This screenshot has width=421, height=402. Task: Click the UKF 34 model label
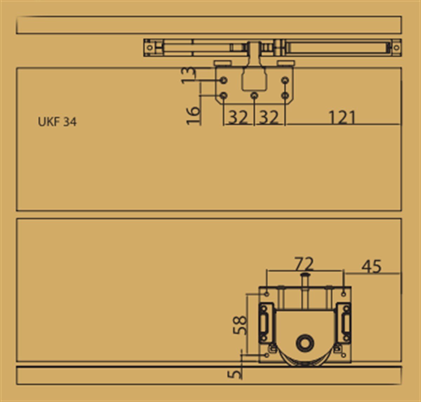pyautogui.click(x=57, y=122)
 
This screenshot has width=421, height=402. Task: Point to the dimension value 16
pyautogui.click(x=193, y=116)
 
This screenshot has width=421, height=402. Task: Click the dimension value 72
pyautogui.click(x=304, y=264)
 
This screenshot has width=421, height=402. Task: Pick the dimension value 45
pyautogui.click(x=371, y=266)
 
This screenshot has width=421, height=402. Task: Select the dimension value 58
pyautogui.click(x=240, y=325)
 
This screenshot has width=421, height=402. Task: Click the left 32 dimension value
pyautogui.click(x=238, y=117)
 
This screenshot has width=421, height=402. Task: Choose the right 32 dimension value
pyautogui.click(x=269, y=117)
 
